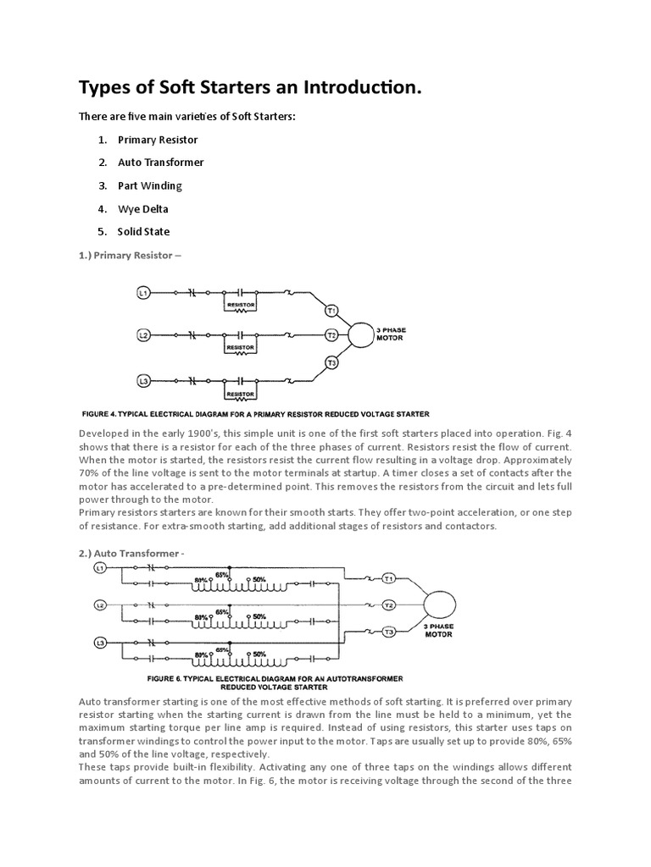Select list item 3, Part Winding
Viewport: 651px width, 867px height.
[149, 185]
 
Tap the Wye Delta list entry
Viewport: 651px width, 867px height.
[143, 208]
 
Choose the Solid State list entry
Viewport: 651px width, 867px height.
[143, 231]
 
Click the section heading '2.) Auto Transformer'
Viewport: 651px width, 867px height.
[131, 553]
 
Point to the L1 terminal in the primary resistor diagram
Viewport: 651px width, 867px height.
[143, 292]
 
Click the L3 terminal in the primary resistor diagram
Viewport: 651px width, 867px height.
[143, 382]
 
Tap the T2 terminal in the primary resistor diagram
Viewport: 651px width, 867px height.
[332, 335]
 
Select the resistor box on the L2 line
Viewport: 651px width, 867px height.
[240, 347]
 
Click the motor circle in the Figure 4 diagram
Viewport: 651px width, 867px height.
[360, 335]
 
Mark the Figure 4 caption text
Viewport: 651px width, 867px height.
[255, 414]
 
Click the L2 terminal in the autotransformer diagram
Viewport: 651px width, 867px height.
[100, 605]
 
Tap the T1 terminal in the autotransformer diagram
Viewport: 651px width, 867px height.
[389, 579]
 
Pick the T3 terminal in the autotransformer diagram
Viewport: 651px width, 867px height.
[389, 632]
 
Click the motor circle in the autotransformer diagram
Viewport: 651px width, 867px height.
[439, 605]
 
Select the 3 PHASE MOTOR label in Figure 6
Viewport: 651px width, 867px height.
[438, 630]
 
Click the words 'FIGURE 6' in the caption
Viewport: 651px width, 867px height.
[166, 678]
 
